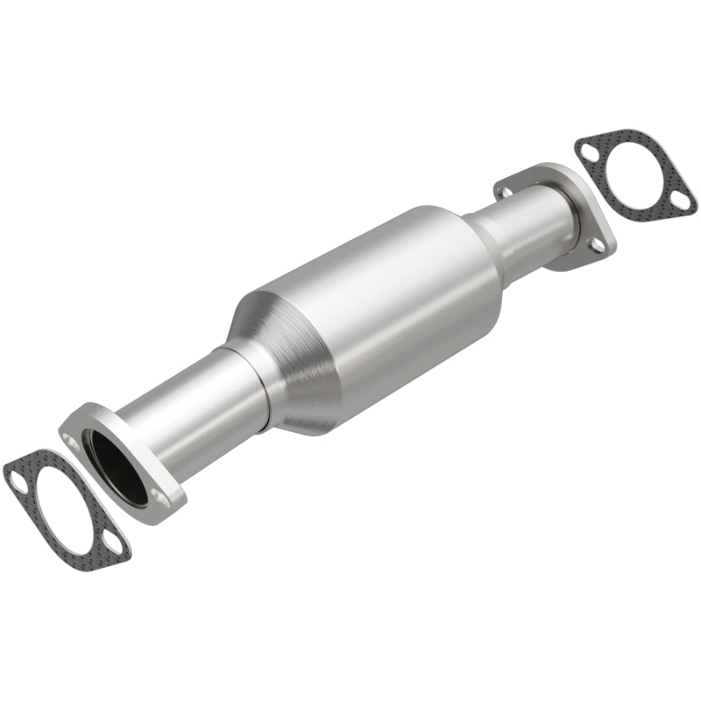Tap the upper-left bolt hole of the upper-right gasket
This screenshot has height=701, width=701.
pyautogui.click(x=587, y=150)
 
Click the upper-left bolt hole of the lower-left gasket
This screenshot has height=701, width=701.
pyautogui.click(x=17, y=477)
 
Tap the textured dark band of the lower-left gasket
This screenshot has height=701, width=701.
pyautogui.click(x=88, y=535)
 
